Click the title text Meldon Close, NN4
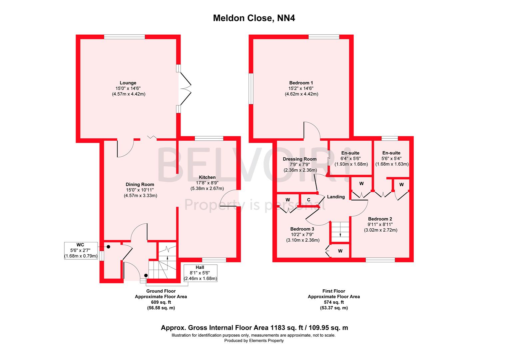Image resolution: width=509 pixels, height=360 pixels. click(x=254, y=18)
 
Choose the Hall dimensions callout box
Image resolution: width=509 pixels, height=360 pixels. click(x=200, y=273)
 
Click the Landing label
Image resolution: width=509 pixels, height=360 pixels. click(x=336, y=197)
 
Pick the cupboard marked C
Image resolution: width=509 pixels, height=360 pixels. click(x=309, y=200)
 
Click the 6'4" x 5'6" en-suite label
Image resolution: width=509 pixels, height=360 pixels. click(x=351, y=159)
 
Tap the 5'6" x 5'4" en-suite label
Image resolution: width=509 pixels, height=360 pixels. click(x=392, y=159)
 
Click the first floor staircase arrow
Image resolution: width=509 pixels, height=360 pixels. click(x=340, y=235)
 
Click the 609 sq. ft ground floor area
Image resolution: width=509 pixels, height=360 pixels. click(x=161, y=302)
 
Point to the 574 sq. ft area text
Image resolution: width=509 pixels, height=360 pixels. click(x=333, y=302)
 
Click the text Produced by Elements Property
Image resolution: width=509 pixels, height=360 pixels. click(x=254, y=341)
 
